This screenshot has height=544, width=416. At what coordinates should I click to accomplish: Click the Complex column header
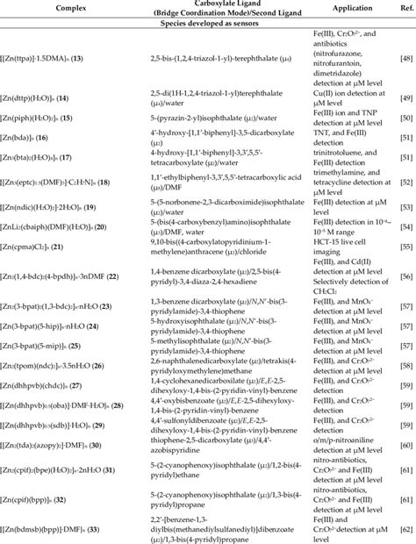58,7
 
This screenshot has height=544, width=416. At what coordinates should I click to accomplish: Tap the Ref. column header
403,7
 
